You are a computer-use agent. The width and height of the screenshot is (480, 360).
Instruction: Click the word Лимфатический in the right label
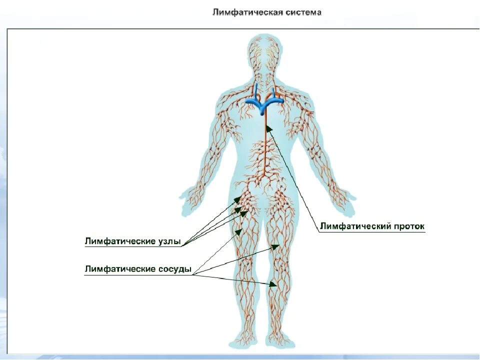[x=354, y=226]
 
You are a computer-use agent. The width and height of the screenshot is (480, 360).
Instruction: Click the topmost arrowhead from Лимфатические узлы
[x=239, y=198]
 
